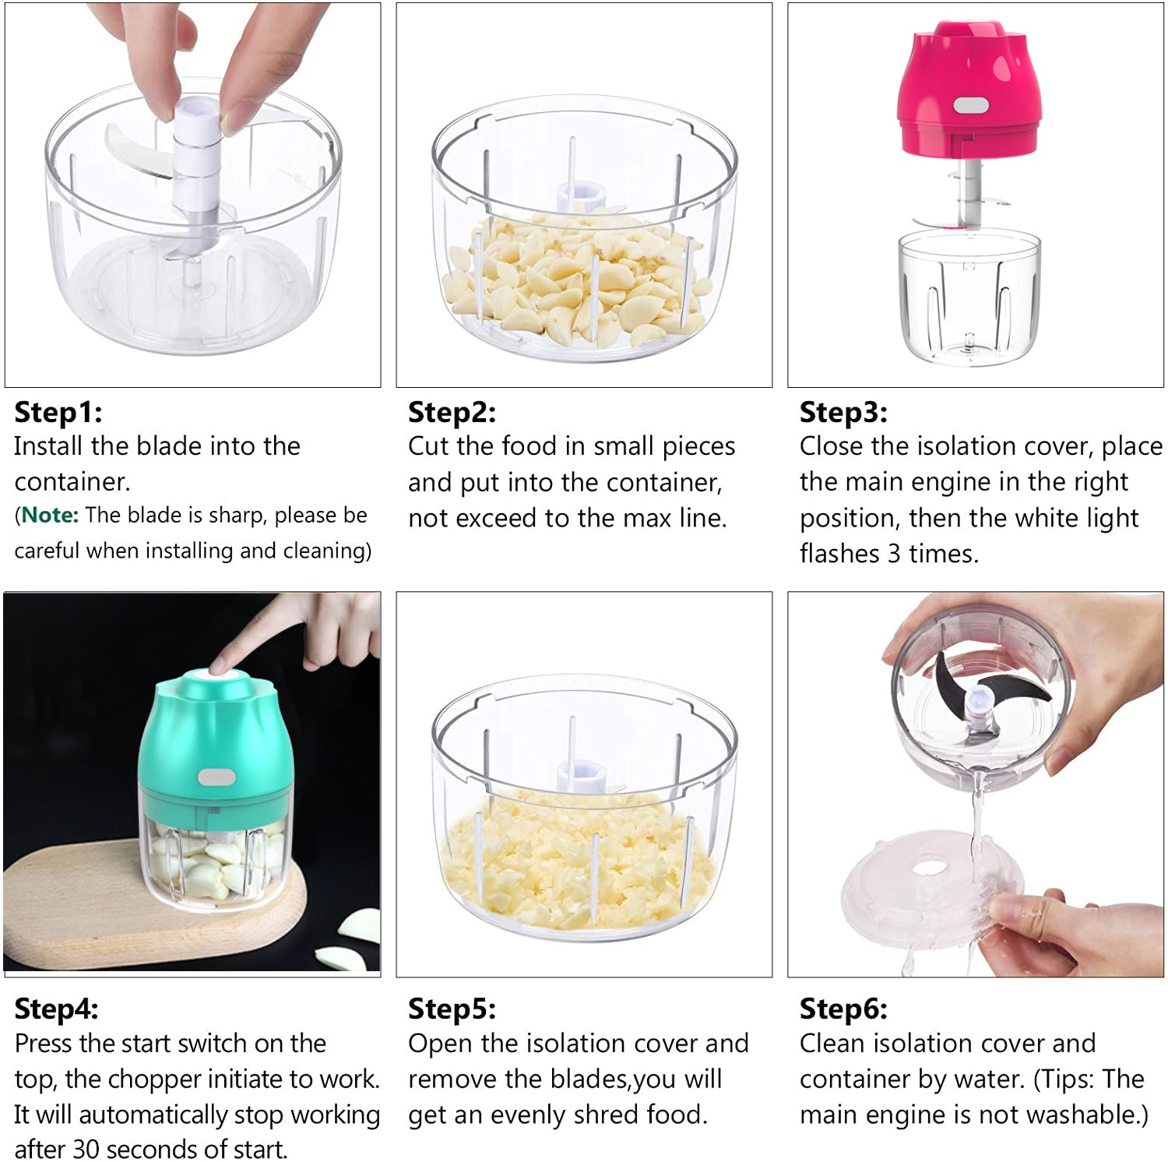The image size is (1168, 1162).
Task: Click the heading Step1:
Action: pos(58,412)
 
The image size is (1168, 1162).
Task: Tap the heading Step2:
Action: pos(452,412)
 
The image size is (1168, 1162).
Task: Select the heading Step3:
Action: pos(843,412)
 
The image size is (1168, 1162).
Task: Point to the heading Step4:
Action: pos(57,1009)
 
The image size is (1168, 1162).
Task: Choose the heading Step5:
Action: pos(452,1009)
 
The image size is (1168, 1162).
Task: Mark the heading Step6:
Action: pos(843,1009)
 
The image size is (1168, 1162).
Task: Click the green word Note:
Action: pos(50,516)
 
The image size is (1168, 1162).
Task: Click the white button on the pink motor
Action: pos(971,105)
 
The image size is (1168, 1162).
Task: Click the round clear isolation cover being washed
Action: pos(931,889)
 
